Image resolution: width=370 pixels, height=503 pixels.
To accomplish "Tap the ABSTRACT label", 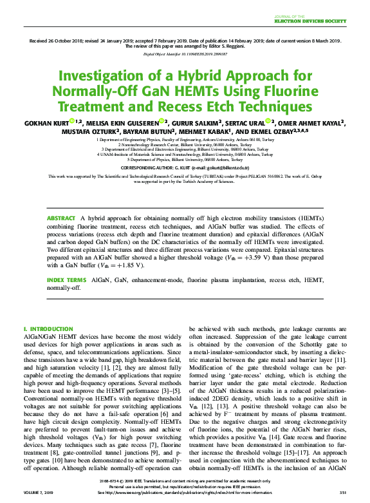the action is click(x=60, y=219).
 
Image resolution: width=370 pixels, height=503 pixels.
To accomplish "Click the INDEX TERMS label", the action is click(x=66, y=281).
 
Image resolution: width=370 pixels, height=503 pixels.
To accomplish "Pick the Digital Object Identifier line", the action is click(x=185, y=55).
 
